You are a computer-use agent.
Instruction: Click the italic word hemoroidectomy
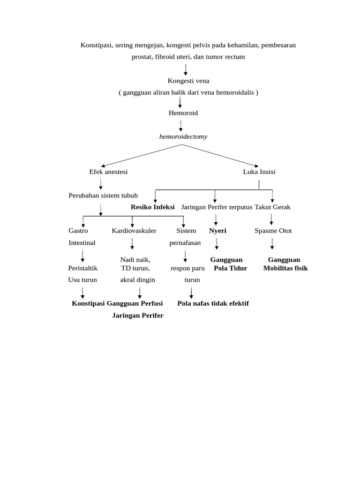[183, 137]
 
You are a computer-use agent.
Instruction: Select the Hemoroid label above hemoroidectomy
[183, 113]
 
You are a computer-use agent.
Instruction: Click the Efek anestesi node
[108, 172]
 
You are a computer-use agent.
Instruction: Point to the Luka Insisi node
[259, 172]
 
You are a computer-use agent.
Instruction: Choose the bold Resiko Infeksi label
[153, 207]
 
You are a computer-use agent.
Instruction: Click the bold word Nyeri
[217, 231]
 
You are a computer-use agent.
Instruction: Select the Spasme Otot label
[273, 231]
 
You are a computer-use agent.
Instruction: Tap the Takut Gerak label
[273, 207]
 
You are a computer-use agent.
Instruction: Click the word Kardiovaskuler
[134, 231]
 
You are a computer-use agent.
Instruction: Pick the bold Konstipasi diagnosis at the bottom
[88, 303]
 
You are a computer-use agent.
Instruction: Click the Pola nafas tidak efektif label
[213, 303]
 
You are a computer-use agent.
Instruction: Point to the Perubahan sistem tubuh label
[103, 195]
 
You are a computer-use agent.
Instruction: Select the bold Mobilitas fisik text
[285, 269]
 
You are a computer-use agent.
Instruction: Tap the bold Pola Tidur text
[230, 269]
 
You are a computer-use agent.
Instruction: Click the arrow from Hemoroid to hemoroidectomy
[181, 125]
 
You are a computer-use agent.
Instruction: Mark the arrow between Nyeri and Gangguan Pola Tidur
[217, 244]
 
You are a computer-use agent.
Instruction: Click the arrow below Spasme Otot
[272, 244]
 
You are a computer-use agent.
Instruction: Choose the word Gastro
[78, 231]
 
